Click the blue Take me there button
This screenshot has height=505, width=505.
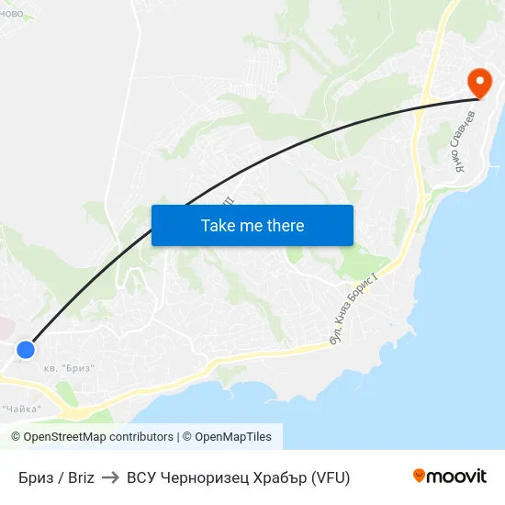click(252, 225)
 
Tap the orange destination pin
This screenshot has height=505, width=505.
click(478, 83)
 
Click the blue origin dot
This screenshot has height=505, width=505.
click(26, 350)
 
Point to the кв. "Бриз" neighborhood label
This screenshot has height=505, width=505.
click(69, 368)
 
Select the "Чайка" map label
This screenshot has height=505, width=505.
click(22, 410)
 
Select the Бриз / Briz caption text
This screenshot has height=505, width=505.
click(56, 477)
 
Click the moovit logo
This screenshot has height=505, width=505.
click(449, 476)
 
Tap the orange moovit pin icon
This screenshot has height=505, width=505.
click(420, 476)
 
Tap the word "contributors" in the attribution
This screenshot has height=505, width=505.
click(139, 437)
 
